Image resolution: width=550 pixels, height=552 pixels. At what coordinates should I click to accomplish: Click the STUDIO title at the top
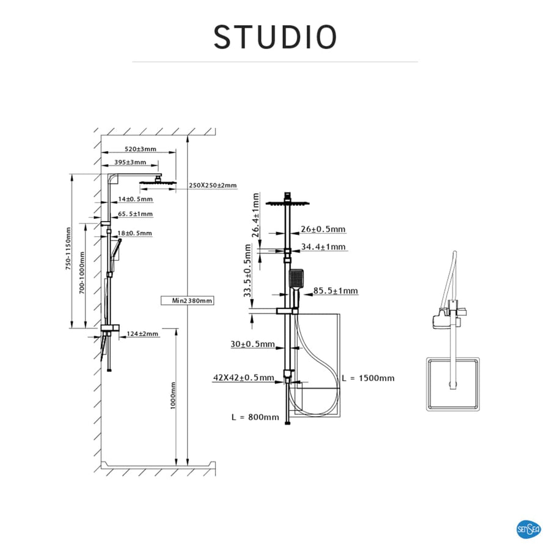coord(275,37)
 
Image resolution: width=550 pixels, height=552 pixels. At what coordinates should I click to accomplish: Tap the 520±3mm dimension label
coord(141,149)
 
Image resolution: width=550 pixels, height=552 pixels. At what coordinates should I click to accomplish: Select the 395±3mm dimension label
coord(131,162)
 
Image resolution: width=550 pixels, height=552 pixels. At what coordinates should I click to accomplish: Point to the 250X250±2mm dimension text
coord(212,185)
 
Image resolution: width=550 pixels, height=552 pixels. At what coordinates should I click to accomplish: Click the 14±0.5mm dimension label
coord(135,200)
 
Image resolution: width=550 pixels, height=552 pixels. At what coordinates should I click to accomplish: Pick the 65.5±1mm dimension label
coord(135,214)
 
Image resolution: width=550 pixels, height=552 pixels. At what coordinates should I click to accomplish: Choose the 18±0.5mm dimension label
coord(135,233)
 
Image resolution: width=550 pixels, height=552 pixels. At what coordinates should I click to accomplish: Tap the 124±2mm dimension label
coord(142,334)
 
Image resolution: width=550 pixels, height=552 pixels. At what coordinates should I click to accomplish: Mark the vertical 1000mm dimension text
coord(174,395)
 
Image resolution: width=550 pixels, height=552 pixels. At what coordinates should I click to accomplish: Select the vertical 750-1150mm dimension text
coord(69,249)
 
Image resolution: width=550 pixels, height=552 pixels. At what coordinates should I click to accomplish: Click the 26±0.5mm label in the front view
coord(323,229)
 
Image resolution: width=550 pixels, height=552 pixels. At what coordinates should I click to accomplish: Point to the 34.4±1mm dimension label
coord(323,247)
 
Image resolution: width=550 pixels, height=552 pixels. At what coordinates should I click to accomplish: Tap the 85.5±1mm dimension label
coord(335,291)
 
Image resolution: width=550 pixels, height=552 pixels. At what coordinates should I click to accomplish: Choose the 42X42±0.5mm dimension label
coord(243,378)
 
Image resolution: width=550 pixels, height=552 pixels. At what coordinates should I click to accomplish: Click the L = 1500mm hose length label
coord(368,378)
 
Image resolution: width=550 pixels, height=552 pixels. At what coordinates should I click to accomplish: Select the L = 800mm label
coord(255,417)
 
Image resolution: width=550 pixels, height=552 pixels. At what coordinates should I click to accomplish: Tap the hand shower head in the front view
coord(296,280)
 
